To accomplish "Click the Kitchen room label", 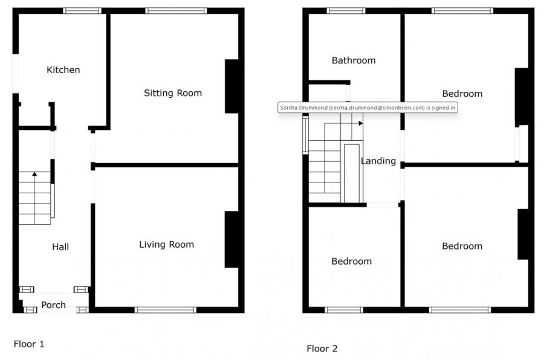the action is click(x=63, y=69).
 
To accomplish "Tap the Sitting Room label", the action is click(x=173, y=93).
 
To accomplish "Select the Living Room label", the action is click(x=167, y=245).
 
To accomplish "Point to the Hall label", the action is click(x=60, y=247).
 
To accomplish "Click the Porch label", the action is click(x=53, y=305).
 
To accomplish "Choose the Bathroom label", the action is click(x=354, y=60).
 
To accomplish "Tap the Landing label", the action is click(x=378, y=161).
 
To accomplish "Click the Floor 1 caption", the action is click(x=29, y=344).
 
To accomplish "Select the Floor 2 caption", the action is click(x=322, y=349).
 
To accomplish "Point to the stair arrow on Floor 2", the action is click(x=361, y=123).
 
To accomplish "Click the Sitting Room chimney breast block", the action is click(x=232, y=86).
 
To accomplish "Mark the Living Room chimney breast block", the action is click(x=232, y=239).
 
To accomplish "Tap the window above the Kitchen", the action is click(x=82, y=11).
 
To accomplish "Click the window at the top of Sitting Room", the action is click(x=176, y=11).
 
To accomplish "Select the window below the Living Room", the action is click(x=166, y=310).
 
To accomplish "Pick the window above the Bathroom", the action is click(x=346, y=11).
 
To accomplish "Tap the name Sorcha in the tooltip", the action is click(x=289, y=108).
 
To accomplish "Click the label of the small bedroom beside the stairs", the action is click(x=351, y=261).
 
